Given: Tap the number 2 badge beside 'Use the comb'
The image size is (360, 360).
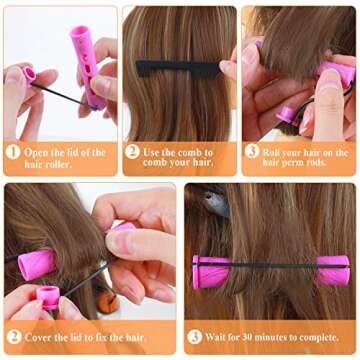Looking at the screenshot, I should (132, 151).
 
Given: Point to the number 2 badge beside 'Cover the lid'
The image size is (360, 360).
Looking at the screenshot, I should (14, 338).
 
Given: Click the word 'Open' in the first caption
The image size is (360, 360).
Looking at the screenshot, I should (41, 151).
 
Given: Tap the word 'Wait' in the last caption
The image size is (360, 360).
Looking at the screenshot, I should (221, 338).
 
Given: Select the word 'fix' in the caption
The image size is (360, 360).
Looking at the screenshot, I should (113, 338).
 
